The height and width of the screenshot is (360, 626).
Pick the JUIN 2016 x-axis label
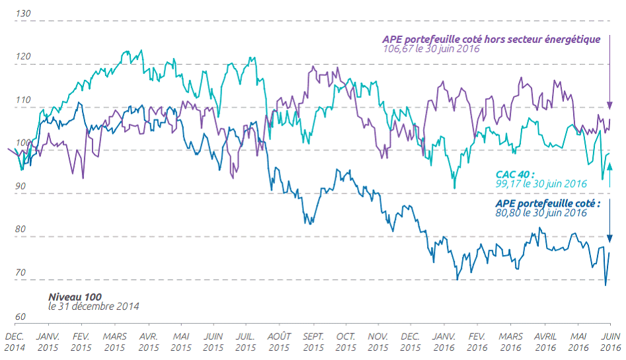click(x=610, y=342)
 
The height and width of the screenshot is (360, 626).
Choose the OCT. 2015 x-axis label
click(x=346, y=342)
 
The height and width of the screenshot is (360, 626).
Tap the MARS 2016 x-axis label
click(x=510, y=342)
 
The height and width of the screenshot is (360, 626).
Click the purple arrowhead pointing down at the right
click(x=610, y=106)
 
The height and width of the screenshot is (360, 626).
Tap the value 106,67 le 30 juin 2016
click(x=430, y=48)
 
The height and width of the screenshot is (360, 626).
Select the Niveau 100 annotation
click(x=75, y=298)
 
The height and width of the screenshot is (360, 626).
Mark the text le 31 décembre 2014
click(x=93, y=306)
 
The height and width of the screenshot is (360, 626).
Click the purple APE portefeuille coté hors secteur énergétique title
click(x=490, y=39)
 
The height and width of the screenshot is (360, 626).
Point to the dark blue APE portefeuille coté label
click(x=547, y=203)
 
